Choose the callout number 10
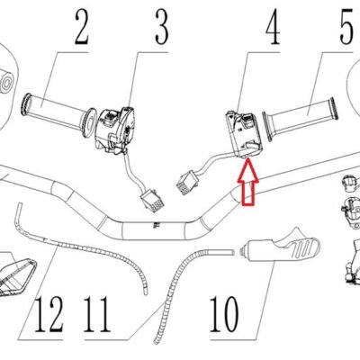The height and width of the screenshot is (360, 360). click(224, 314)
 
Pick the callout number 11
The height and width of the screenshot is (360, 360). click(96, 314)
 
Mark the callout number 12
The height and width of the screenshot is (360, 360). click(49, 314)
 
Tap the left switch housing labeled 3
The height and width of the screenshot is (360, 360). click(114, 130)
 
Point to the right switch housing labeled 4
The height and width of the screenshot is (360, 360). click(244, 134)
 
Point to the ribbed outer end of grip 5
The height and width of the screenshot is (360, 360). click(333, 109)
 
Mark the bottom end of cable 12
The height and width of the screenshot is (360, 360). click(146, 291)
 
